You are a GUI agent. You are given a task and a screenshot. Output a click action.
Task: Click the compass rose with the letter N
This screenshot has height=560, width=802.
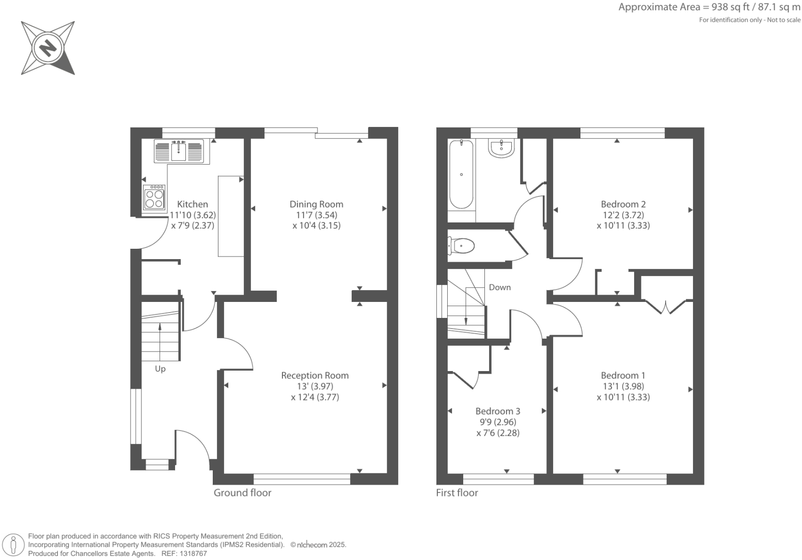tap(48, 48)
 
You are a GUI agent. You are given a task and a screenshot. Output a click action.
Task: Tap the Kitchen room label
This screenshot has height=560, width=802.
tap(193, 204)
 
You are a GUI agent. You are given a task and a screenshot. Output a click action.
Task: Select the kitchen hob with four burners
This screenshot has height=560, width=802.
tap(154, 197)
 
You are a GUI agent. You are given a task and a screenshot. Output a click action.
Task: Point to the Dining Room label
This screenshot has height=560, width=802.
tap(316, 204)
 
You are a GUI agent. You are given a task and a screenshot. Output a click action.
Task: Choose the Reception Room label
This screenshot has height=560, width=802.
tap(314, 376)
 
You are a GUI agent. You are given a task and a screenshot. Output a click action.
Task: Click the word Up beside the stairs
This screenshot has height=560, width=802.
tap(160, 369)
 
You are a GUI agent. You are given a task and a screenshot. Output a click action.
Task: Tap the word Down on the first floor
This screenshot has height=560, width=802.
tap(499, 287)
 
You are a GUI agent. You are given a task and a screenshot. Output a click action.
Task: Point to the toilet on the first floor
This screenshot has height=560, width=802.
tap(462, 246)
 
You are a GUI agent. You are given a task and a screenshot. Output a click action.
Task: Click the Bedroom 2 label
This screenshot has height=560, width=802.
tap(623, 204)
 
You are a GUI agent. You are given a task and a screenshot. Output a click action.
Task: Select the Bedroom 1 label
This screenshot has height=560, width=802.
tap(623, 376)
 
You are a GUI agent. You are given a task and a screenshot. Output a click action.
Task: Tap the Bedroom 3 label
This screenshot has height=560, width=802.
tap(497, 411)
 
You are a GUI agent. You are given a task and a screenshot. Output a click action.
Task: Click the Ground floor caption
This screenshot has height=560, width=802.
tap(242, 493)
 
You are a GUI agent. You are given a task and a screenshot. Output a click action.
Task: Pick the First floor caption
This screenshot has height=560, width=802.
tap(457, 493)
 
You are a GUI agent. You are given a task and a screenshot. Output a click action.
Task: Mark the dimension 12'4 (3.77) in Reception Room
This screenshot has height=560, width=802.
tap(315, 397)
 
